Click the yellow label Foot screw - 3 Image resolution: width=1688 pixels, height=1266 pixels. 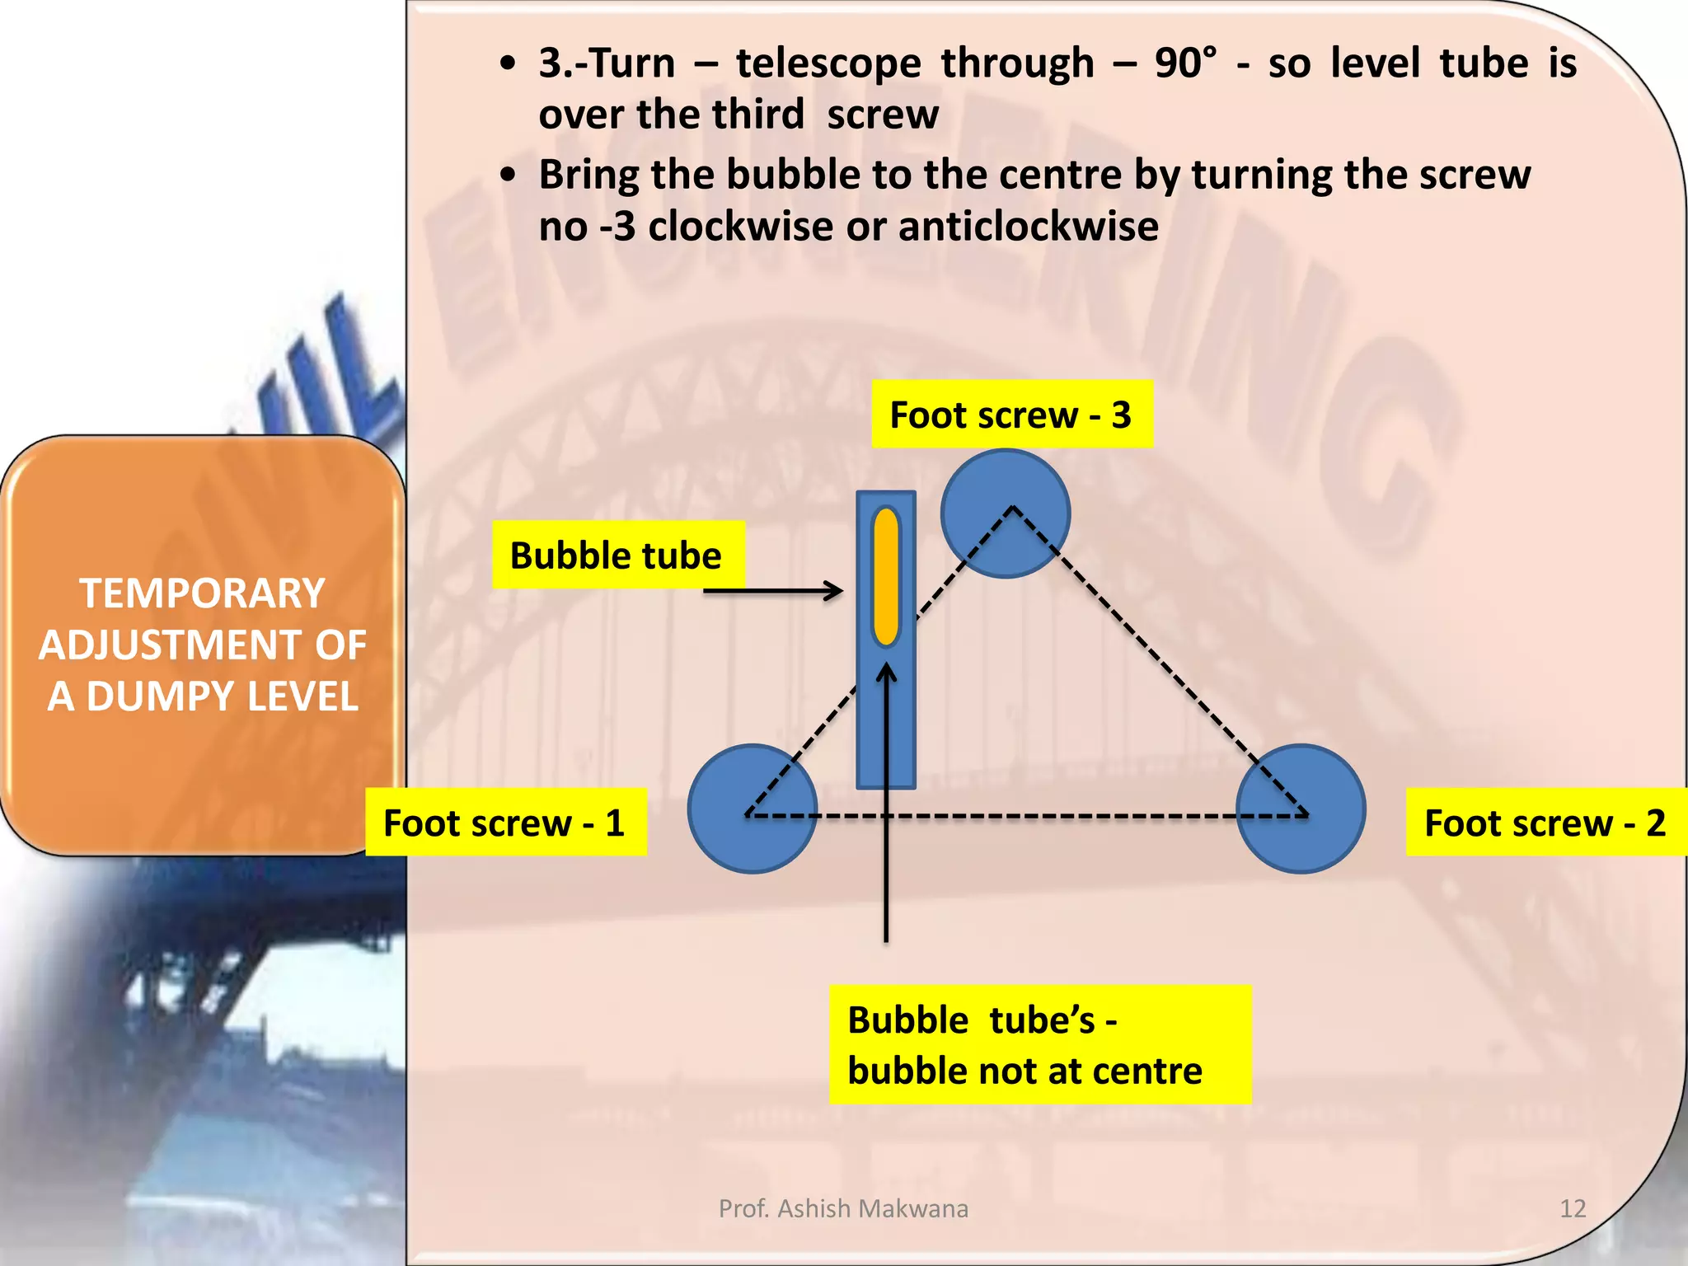[1011, 415]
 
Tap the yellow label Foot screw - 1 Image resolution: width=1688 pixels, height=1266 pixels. [505, 823]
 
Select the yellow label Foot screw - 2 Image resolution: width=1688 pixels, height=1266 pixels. [1545, 823]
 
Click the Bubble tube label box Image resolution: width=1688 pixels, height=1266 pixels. [617, 555]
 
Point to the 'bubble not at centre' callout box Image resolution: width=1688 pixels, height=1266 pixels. [1039, 1044]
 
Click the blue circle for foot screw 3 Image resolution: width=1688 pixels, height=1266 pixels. [1006, 513]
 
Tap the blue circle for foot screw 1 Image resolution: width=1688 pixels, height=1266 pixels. [752, 809]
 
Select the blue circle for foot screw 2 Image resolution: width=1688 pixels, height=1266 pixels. [1301, 809]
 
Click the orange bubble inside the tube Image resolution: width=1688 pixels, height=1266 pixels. [886, 576]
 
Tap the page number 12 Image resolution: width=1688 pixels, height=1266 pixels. [1573, 1208]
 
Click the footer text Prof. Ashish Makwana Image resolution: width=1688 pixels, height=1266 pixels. [843, 1208]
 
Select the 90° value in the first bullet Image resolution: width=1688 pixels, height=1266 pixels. [1184, 63]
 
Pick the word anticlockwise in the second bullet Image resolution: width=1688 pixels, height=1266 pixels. [1028, 226]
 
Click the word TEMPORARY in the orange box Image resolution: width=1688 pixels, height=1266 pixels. [202, 593]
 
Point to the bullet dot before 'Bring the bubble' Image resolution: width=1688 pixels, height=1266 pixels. [509, 175]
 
